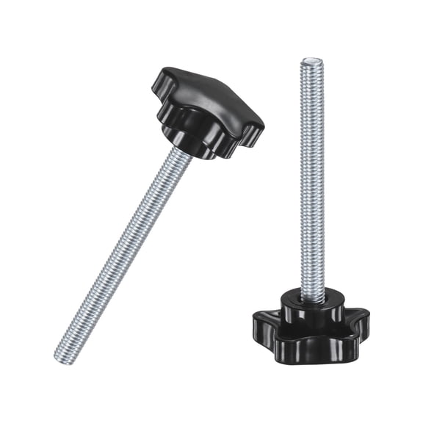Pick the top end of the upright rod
coord(310,62)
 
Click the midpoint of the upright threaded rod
coord(311,176)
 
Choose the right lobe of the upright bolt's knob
coord(360,320)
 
